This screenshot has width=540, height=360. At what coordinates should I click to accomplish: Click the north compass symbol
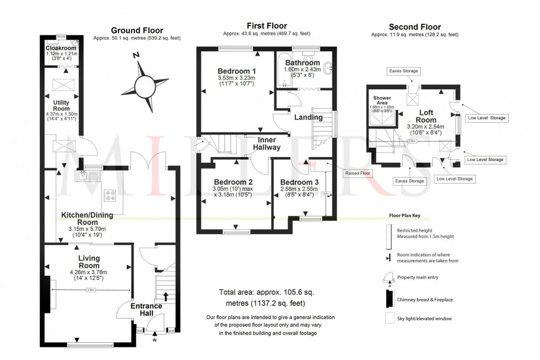(x=145, y=85)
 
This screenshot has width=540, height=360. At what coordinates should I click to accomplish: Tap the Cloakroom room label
(x=60, y=48)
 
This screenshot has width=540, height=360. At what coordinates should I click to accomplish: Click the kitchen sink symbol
(x=82, y=176)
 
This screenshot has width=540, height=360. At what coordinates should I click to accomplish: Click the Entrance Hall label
(x=147, y=309)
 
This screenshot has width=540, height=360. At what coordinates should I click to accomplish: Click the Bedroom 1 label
(x=236, y=71)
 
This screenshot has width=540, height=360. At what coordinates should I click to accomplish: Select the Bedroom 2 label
(x=234, y=182)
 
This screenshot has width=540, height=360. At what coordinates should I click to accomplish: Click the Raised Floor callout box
(x=358, y=173)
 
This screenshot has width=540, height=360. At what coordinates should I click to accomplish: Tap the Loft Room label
(x=425, y=116)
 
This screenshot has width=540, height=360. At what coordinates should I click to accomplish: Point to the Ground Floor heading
(x=137, y=30)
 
